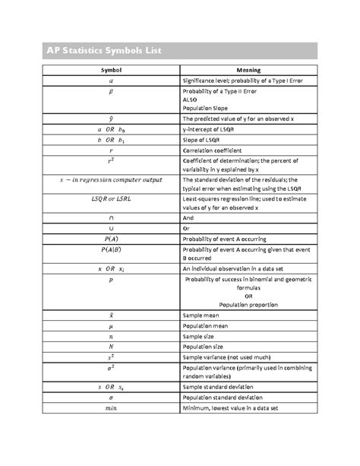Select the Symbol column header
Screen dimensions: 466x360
[112, 70]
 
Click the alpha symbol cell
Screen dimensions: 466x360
[112, 80]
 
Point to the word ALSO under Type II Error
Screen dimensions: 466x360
[190, 99]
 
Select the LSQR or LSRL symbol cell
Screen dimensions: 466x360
[112, 198]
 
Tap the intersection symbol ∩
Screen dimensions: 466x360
[112, 217]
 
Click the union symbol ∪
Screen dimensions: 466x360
[112, 227]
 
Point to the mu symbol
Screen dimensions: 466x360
[112, 325]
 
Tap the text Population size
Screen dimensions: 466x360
[207, 345]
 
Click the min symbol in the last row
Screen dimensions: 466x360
[112, 407]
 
